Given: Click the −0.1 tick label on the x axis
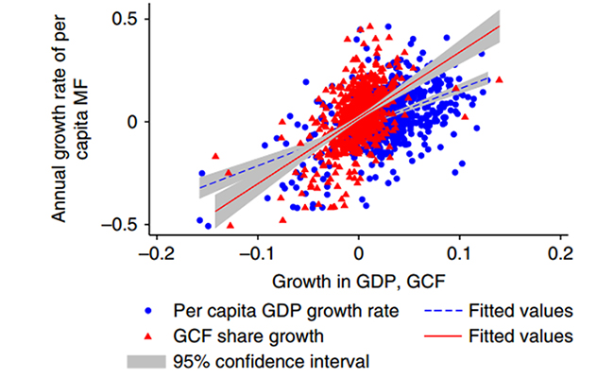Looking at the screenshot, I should (x=257, y=255).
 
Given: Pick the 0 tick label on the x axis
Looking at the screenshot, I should (x=359, y=255).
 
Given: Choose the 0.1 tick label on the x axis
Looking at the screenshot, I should (x=460, y=255).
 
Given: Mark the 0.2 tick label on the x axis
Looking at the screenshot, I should (x=561, y=255).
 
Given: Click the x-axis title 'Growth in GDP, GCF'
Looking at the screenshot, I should (x=359, y=281).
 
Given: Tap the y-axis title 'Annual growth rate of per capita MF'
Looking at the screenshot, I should (x=70, y=122).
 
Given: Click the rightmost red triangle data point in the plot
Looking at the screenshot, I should (x=500, y=79).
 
